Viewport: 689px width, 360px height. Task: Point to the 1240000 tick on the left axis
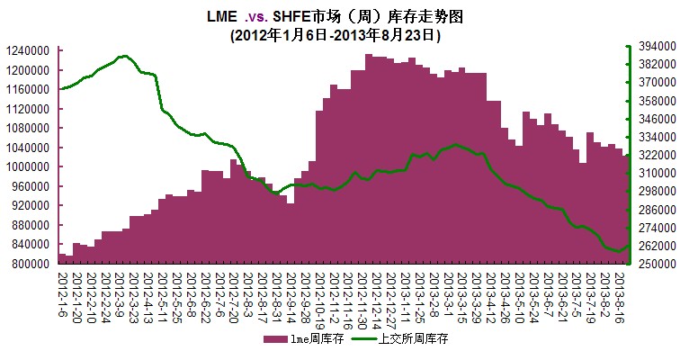tap(28, 51)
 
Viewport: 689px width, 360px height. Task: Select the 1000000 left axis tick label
tap(28, 167)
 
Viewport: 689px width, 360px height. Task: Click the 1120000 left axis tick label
tap(28, 109)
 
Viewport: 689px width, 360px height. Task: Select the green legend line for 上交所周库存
tap(363, 339)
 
